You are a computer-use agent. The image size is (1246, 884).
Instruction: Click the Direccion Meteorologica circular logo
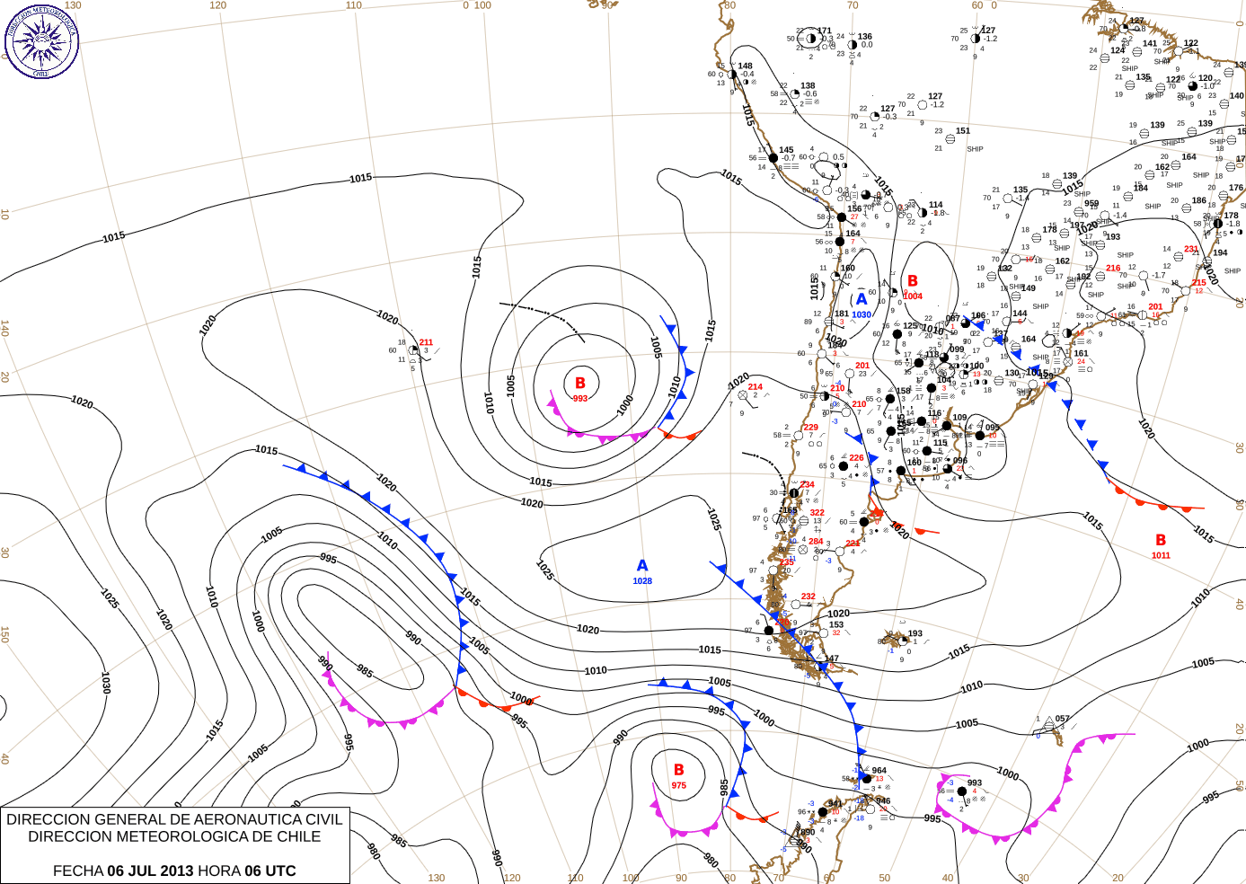(41, 40)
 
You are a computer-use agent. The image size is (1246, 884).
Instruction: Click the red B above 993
(580, 384)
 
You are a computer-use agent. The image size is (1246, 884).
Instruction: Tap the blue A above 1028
(642, 566)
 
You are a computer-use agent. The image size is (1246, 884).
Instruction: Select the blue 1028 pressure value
(642, 581)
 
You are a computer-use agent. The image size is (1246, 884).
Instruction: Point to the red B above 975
(679, 770)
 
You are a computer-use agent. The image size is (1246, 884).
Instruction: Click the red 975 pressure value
(678, 786)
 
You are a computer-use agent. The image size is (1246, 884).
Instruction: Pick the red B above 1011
(1161, 540)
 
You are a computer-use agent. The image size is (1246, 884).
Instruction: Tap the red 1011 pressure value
(1161, 555)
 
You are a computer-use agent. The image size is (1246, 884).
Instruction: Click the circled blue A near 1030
(862, 299)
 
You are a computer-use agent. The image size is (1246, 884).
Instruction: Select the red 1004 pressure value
(913, 296)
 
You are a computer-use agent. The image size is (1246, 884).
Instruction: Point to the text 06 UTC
(270, 871)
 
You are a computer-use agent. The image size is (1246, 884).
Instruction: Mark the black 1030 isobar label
(106, 683)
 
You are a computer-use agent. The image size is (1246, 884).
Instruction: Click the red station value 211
(426, 342)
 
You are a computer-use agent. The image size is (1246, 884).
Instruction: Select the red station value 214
(756, 387)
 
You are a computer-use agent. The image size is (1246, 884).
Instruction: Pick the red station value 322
(817, 513)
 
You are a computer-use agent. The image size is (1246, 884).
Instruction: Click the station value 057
(1063, 719)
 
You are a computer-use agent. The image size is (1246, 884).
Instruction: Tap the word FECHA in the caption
(78, 871)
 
